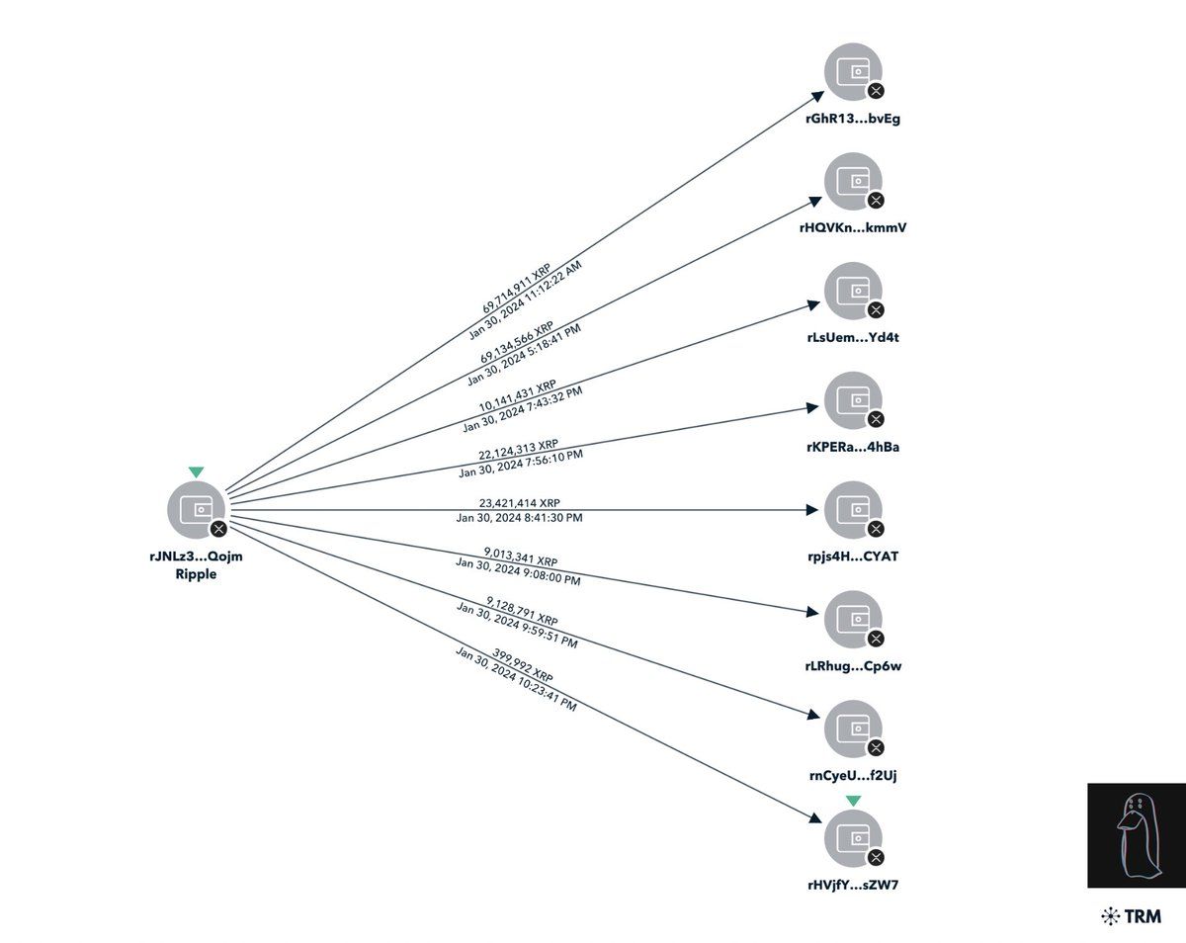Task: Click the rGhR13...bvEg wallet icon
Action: tap(852, 72)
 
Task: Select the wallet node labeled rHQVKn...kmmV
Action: tap(852, 181)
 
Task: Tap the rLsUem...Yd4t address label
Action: tap(853, 337)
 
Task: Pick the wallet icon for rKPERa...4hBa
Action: tap(852, 400)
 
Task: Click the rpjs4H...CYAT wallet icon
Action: tap(852, 509)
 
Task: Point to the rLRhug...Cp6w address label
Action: tap(853, 665)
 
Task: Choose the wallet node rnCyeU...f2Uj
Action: tap(852, 729)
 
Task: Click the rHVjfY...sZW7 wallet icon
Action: tap(852, 837)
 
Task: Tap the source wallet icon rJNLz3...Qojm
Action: tap(197, 509)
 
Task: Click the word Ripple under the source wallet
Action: tap(195, 574)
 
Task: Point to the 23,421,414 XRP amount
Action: tap(518, 502)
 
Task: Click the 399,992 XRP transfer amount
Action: tap(523, 664)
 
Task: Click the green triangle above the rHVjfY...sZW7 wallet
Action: tap(853, 801)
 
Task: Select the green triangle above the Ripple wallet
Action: tap(197, 472)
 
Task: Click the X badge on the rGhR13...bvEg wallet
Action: tap(875, 91)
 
